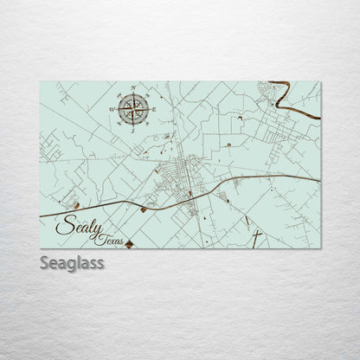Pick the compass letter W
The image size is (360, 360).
pos(109,110)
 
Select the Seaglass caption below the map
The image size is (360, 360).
pos(71,262)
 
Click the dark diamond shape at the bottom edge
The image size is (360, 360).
pos(129,245)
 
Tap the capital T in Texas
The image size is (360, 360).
pos(101,237)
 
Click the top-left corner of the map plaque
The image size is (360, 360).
pos(41,82)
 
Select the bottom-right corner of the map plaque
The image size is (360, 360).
pos(320,247)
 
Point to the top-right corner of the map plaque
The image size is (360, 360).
pos(320,82)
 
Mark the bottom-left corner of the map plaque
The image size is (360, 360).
pos(41,247)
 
